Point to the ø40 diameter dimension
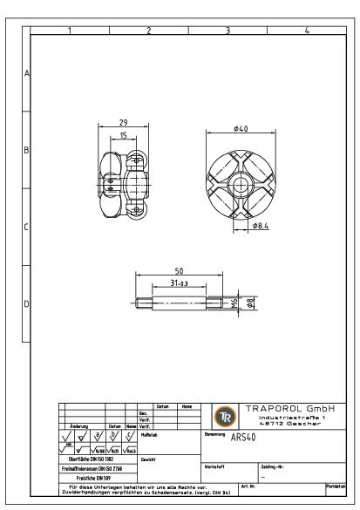pyautogui.click(x=241, y=130)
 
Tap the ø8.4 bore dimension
pyautogui.click(x=260, y=226)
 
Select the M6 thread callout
pyautogui.click(x=234, y=303)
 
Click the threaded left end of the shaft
pyautogui.click(x=142, y=303)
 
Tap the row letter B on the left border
pyautogui.click(x=25, y=150)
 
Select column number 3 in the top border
pyautogui.click(x=228, y=31)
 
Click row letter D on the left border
pyautogui.click(x=25, y=304)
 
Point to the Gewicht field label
pyautogui.click(x=148, y=459)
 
